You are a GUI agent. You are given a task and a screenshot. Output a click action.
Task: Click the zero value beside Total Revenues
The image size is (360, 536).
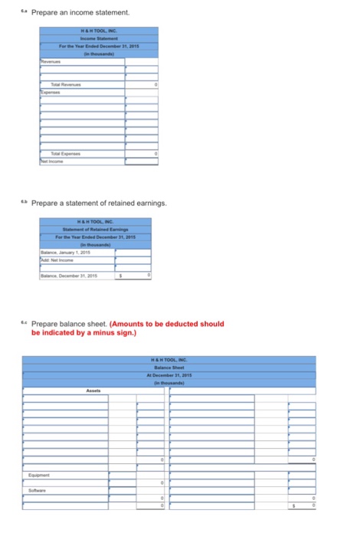coord(155,83)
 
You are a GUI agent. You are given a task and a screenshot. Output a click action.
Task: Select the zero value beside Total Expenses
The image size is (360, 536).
coord(155,154)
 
